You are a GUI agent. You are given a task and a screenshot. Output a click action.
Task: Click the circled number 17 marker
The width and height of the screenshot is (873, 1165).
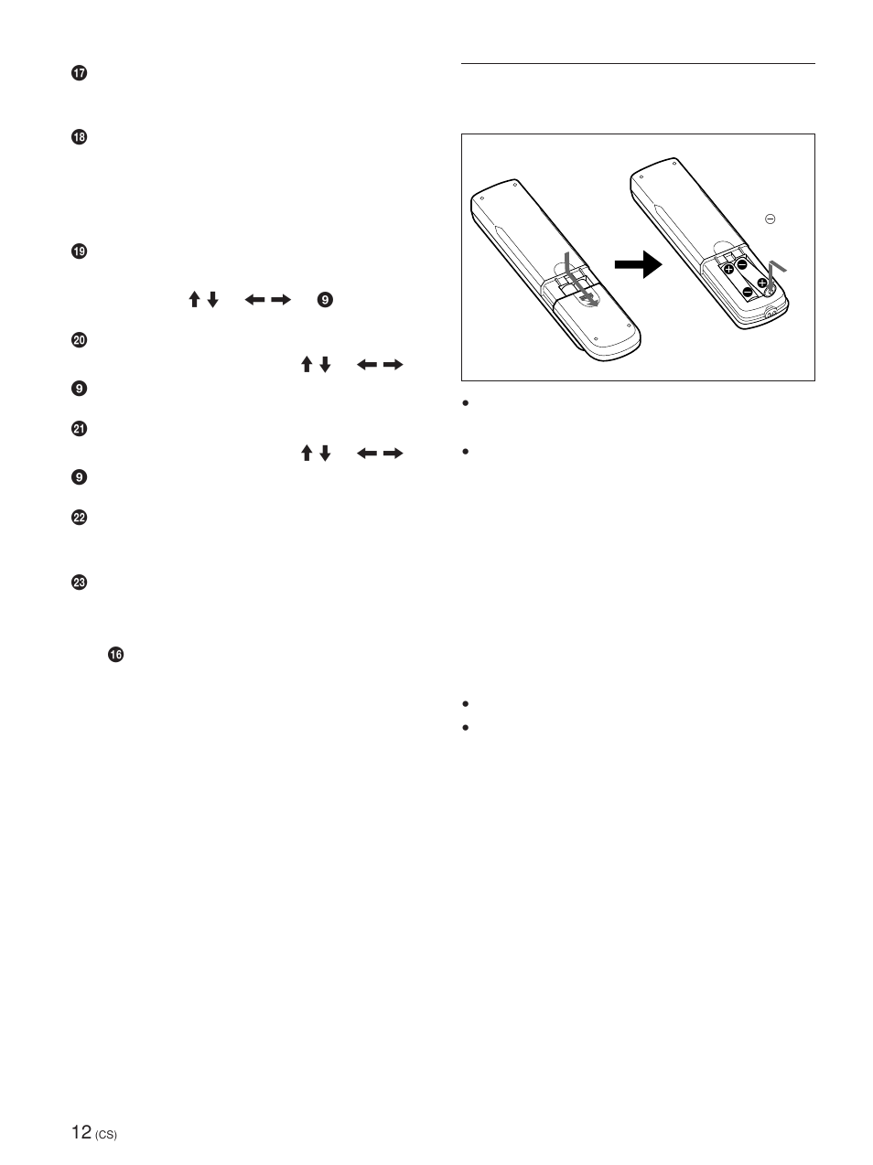click(x=79, y=74)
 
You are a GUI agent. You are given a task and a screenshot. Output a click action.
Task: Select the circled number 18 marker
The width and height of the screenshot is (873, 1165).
click(x=79, y=137)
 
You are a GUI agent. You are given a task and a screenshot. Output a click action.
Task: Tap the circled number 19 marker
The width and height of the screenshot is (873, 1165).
click(x=79, y=251)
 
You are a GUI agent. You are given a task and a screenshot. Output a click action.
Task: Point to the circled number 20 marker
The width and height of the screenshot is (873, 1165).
click(x=79, y=340)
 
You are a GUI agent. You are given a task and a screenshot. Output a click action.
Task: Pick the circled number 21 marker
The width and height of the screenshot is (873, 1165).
click(x=79, y=429)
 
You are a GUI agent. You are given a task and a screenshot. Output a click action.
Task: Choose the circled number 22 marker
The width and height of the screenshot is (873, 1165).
click(x=79, y=518)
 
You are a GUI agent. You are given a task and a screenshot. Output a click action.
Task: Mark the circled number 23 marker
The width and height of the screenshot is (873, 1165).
click(x=79, y=582)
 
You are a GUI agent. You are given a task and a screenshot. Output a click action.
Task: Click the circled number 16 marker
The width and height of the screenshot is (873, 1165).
click(x=115, y=654)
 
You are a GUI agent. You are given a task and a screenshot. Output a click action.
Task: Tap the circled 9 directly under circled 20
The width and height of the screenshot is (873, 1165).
click(x=79, y=389)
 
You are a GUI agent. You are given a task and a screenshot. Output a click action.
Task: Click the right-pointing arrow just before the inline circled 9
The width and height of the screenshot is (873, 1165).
click(x=282, y=299)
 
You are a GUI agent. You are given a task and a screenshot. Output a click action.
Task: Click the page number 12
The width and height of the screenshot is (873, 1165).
click(x=81, y=1132)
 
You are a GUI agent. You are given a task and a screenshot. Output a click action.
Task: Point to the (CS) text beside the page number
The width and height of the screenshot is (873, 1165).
click(x=106, y=1136)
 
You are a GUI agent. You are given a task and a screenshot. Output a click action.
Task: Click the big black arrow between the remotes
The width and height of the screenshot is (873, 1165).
click(x=638, y=266)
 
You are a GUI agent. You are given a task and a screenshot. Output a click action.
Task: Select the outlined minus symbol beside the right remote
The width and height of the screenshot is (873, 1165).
click(x=771, y=219)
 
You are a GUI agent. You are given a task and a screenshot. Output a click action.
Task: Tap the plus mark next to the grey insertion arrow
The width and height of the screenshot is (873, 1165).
click(x=762, y=283)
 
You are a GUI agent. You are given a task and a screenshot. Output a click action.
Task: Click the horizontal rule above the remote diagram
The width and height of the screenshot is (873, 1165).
click(x=638, y=64)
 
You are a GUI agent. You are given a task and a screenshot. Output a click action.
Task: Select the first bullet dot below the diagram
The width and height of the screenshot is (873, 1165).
click(x=466, y=403)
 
